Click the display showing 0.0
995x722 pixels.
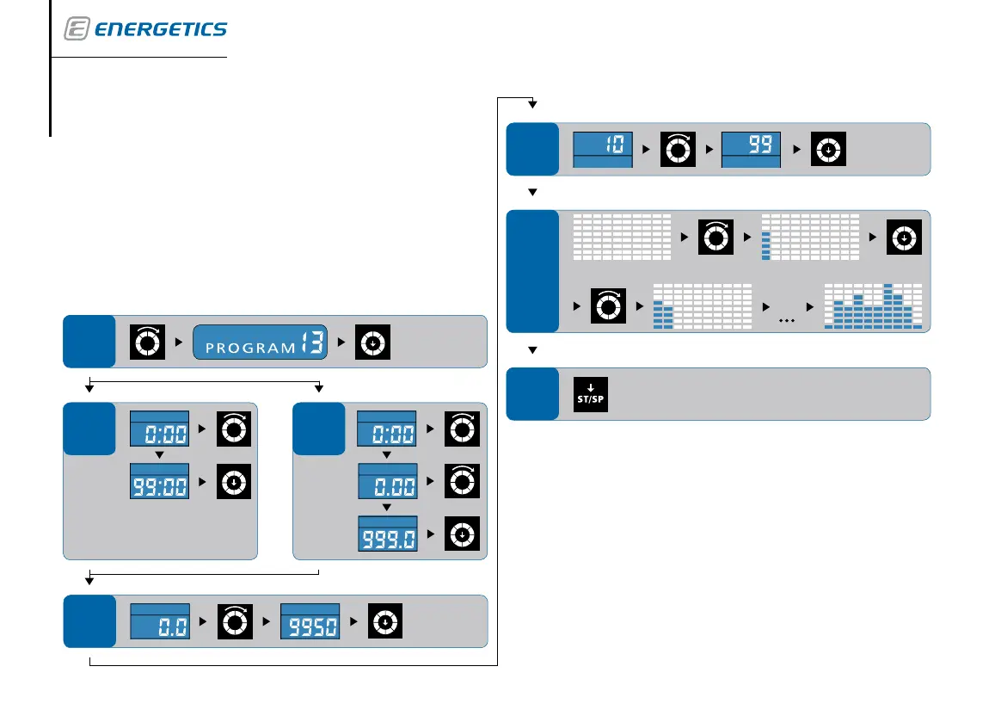[159, 621]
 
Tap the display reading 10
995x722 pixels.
[603, 149]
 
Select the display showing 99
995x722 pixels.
[751, 149]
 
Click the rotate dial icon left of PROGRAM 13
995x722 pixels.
[145, 342]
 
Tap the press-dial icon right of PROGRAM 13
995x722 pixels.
[374, 342]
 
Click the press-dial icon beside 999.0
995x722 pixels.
[462, 534]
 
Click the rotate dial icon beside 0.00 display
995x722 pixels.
[462, 482]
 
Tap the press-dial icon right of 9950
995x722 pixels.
[386, 621]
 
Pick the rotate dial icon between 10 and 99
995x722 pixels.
[677, 149]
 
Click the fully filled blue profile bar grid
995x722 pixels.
[873, 306]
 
